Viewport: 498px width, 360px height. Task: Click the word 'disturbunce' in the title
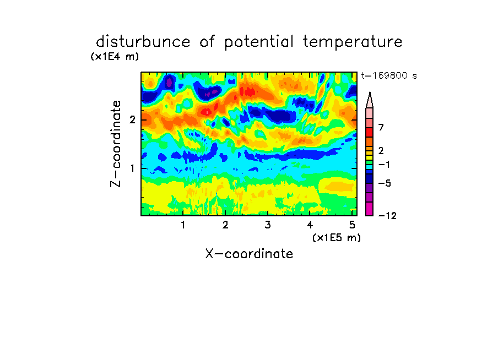[x=143, y=42]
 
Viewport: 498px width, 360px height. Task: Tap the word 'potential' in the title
[x=259, y=42]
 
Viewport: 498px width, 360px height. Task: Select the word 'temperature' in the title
[x=353, y=42]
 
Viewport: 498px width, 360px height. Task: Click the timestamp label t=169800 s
[x=389, y=75]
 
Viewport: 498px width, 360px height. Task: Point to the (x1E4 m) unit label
[x=115, y=57]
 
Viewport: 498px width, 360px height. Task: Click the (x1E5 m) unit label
[x=337, y=237]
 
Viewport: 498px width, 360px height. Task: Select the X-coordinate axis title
[x=249, y=254]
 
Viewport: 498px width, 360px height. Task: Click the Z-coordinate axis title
[x=116, y=144]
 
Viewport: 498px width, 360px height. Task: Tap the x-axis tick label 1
[x=183, y=225]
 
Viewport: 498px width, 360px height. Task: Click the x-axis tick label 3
[x=268, y=225]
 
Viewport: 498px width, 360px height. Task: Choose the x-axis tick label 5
[x=352, y=225]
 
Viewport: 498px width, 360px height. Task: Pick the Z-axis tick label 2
[x=132, y=120]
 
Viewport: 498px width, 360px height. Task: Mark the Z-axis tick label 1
[x=132, y=168]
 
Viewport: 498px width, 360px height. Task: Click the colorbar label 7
[x=381, y=128]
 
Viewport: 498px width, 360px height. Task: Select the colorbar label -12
[x=387, y=216]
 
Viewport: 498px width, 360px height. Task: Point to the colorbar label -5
[x=385, y=183]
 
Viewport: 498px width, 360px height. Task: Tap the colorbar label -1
[x=384, y=165]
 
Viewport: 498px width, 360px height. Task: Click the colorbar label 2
[x=381, y=151]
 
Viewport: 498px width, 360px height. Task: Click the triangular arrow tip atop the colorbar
[x=370, y=92]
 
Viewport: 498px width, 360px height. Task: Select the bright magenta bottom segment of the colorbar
[x=370, y=209]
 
